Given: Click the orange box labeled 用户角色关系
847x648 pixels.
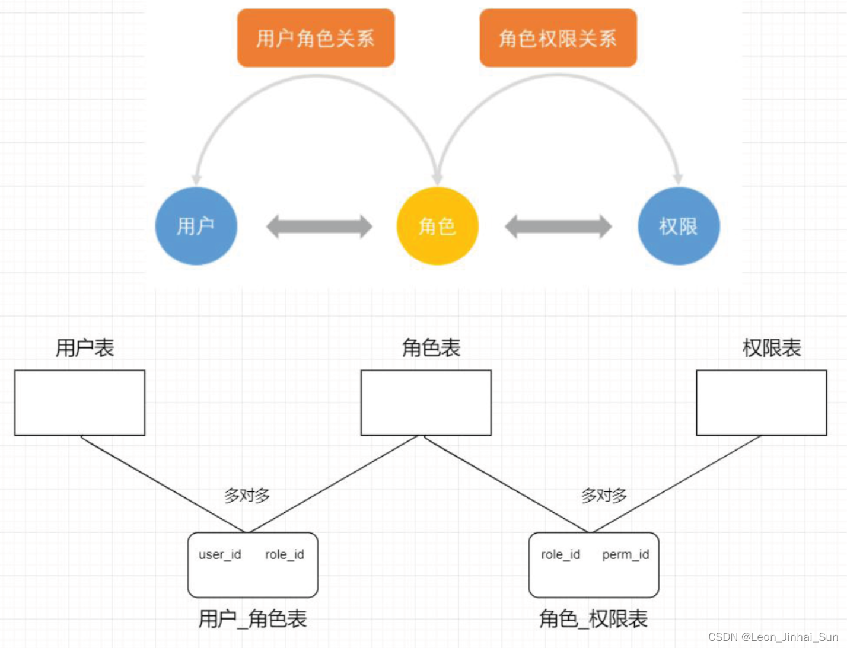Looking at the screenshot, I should pyautogui.click(x=316, y=38).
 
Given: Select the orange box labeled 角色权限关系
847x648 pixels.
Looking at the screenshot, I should pyautogui.click(x=558, y=38).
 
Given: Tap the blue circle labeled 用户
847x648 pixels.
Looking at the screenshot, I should pyautogui.click(x=196, y=226).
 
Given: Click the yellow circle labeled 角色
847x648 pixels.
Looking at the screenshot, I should pyautogui.click(x=437, y=226).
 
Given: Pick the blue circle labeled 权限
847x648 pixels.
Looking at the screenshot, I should pyautogui.click(x=679, y=226).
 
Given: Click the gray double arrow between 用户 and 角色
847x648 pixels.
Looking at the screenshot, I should pyautogui.click(x=319, y=226).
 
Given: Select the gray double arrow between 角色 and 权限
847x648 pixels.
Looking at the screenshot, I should pyautogui.click(x=558, y=226).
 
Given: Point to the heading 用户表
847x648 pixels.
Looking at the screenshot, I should pyautogui.click(x=85, y=348).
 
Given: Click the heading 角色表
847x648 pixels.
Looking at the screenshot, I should pyautogui.click(x=431, y=348).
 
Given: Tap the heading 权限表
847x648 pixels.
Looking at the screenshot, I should pyautogui.click(x=772, y=348).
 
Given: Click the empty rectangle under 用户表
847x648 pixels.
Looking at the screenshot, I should pyautogui.click(x=79, y=403).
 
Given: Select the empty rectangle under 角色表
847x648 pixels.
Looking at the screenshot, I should pyautogui.click(x=426, y=403).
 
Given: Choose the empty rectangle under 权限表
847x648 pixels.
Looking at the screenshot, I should pyautogui.click(x=761, y=403).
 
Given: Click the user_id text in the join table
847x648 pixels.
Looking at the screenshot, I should pyautogui.click(x=220, y=554).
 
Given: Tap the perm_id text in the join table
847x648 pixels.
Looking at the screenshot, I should pyautogui.click(x=625, y=554).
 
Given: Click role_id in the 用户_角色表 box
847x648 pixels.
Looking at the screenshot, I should pyautogui.click(x=285, y=554).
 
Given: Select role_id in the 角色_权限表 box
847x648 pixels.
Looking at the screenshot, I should pyautogui.click(x=561, y=554).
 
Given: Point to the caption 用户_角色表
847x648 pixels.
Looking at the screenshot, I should pyautogui.click(x=253, y=619).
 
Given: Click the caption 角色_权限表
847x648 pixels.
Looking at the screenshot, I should pyautogui.click(x=593, y=619).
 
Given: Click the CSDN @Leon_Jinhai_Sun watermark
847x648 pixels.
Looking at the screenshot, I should pyautogui.click(x=773, y=637).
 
